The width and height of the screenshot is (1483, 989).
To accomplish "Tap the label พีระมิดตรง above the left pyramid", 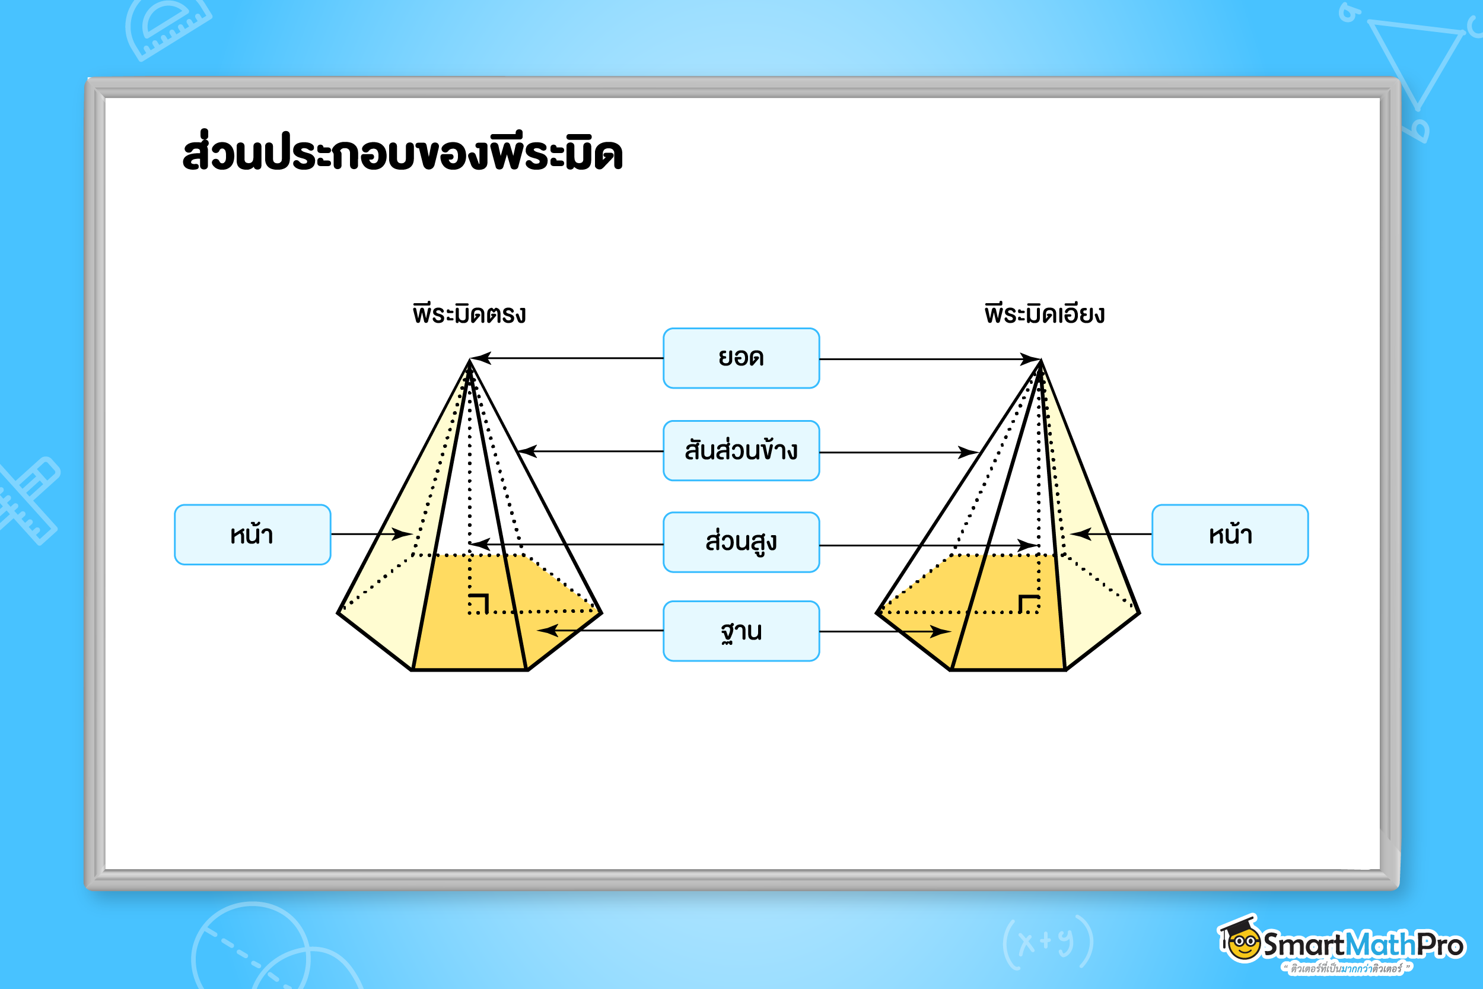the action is click(469, 313).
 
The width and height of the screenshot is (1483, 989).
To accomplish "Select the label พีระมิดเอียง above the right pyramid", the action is click(1044, 313).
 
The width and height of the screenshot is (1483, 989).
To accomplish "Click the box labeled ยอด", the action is click(741, 358).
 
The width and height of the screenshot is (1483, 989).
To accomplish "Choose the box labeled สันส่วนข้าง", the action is click(741, 451).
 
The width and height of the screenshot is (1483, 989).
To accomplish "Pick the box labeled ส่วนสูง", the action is click(741, 542).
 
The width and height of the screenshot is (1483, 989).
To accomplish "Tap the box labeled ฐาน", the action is click(741, 631).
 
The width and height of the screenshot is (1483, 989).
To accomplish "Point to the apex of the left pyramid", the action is click(470, 360).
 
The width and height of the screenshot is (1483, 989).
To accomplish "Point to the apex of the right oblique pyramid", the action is click(1040, 360).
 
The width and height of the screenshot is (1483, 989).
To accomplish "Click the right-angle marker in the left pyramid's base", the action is click(479, 603).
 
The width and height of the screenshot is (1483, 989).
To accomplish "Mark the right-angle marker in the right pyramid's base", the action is click(1029, 603).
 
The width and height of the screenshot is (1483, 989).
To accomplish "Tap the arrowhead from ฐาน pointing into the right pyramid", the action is click(941, 631).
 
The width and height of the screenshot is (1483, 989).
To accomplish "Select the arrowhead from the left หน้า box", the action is click(402, 534).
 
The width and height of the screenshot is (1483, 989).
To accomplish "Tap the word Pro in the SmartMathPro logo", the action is click(1441, 945).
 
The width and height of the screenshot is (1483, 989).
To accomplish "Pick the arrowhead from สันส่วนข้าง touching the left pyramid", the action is click(527, 451).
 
